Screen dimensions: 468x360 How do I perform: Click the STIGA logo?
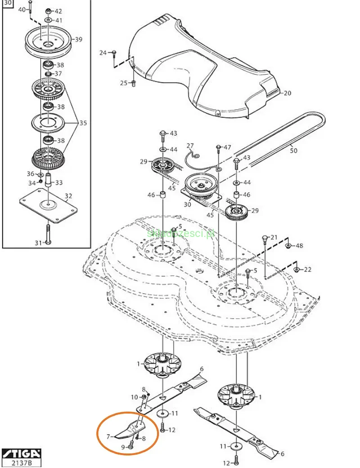21,452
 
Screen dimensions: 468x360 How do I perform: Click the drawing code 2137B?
21,462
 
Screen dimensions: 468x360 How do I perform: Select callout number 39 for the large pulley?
78,40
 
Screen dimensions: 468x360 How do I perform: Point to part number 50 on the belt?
293,151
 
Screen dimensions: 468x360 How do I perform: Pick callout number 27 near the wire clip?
190,145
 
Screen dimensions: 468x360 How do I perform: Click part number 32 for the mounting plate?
68,196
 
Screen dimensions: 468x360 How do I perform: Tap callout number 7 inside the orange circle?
108,436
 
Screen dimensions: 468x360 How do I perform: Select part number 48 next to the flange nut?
299,246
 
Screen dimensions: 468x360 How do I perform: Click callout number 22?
307,269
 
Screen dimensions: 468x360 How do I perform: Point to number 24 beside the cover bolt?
103,53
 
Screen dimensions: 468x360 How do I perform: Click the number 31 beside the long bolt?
38,243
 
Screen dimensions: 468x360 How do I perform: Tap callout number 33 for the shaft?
59,182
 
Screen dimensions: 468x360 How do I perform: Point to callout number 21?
274,237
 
